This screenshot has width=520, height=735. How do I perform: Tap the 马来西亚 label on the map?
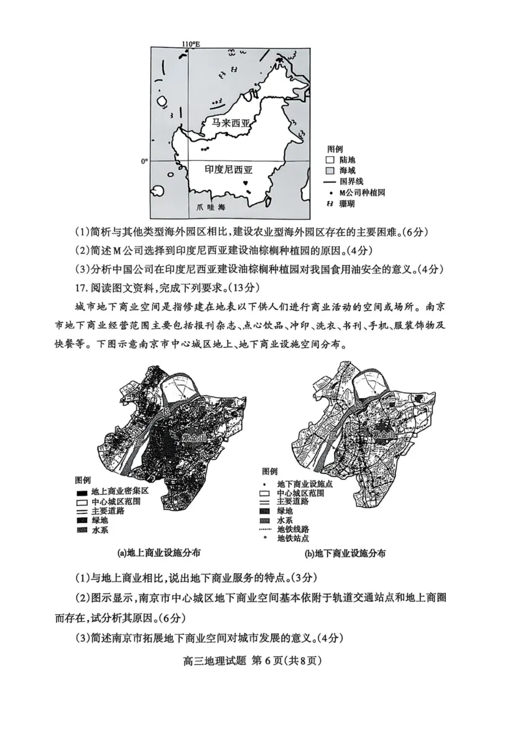pyautogui.click(x=224, y=122)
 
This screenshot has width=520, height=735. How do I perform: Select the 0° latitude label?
pyautogui.click(x=146, y=161)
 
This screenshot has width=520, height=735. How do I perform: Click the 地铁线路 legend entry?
pyautogui.click(x=292, y=529)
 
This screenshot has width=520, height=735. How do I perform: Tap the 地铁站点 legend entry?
pyautogui.click(x=292, y=539)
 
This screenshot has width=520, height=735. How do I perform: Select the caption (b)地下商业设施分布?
pyautogui.click(x=345, y=554)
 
